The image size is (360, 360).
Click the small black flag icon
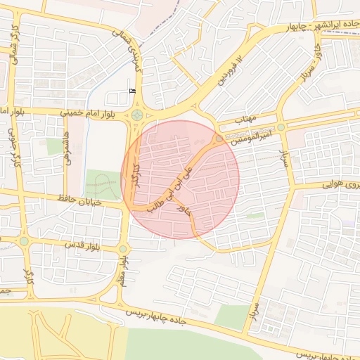point(132,91)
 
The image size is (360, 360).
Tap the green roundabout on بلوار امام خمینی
point(136,115)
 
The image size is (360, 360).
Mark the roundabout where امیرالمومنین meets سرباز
point(281,127)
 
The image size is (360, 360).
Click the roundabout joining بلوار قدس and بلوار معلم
point(124,248)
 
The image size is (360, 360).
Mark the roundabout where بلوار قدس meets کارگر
point(23,241)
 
